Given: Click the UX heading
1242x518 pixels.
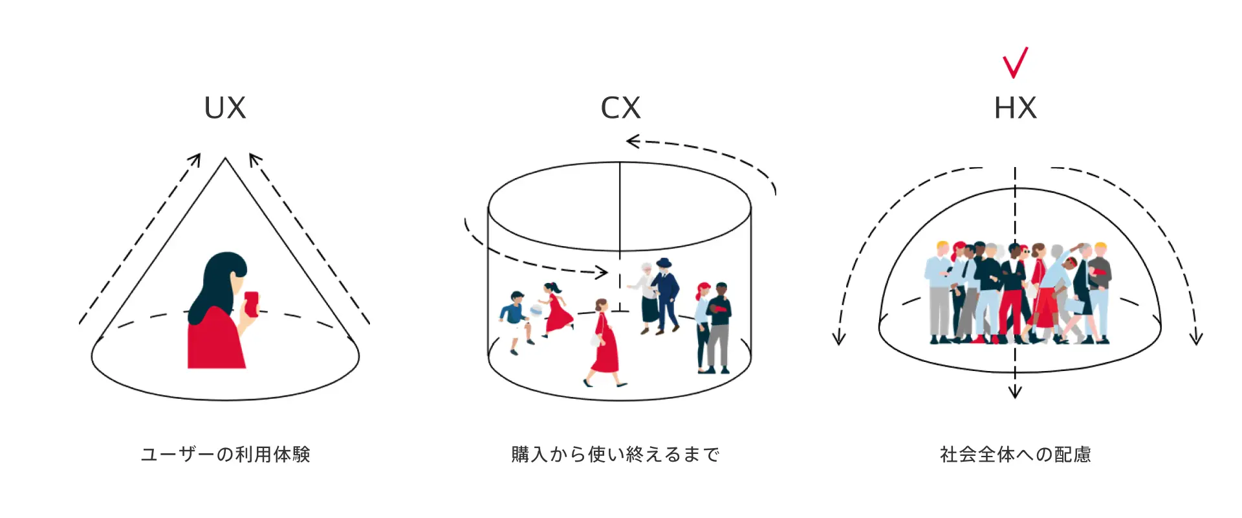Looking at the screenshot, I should [225, 108].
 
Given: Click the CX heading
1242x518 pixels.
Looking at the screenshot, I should [620, 108].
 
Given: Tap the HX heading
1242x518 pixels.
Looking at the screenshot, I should [1015, 108].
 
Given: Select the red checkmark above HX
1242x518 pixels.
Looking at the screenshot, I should [1015, 63].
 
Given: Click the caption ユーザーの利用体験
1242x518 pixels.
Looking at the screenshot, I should [226, 455].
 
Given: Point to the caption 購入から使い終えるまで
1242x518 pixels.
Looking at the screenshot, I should [615, 455].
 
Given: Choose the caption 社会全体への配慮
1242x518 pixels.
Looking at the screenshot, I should [1015, 455].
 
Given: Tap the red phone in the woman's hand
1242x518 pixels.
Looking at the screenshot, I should [251, 304].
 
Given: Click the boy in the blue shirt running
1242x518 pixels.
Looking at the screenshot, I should [516, 317].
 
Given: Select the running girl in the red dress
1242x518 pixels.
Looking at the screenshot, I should [555, 309].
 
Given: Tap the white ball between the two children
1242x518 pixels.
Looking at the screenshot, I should [536, 311].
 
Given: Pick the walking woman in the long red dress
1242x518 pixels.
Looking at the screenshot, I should [605, 343].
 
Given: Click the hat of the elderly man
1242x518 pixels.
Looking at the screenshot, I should [664, 263].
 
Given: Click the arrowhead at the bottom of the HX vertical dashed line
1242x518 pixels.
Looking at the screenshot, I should [1015, 392].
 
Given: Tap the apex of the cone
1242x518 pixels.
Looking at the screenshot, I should [225, 159].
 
